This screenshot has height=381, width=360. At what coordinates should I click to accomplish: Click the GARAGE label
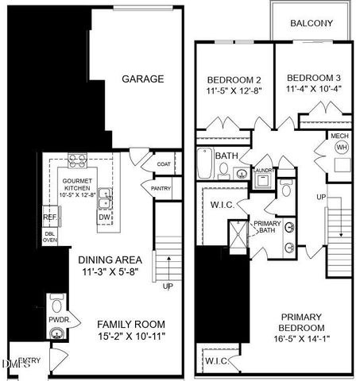142,79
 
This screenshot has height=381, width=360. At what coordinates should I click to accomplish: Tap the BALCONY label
311,22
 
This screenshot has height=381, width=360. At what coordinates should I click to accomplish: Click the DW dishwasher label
104,216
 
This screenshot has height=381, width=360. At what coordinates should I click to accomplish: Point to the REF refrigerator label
49,217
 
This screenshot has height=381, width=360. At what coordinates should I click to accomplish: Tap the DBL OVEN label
49,237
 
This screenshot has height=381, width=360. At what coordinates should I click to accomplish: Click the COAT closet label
164,164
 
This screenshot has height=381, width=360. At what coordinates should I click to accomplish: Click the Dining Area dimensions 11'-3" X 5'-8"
110,272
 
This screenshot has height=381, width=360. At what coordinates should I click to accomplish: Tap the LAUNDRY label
263,170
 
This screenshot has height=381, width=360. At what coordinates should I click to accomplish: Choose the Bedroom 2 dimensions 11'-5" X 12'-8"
234,91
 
